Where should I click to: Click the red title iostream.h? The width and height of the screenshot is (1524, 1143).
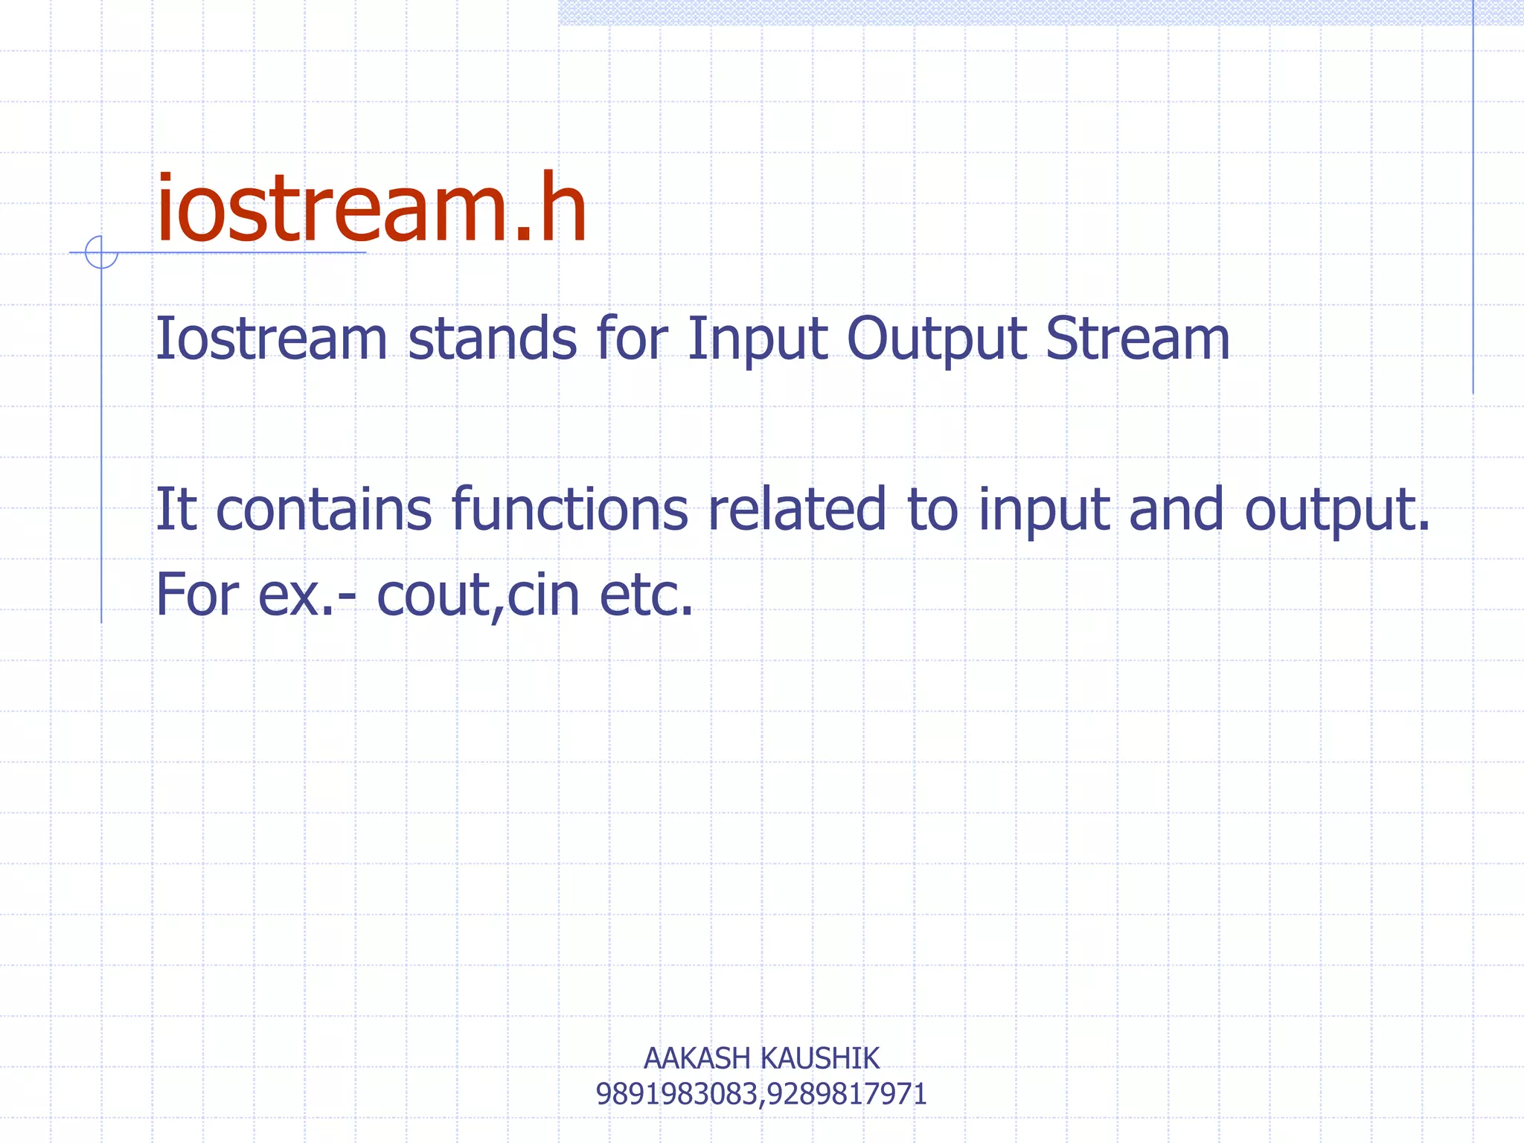pos(371,210)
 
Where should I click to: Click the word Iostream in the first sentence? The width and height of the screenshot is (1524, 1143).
pos(271,339)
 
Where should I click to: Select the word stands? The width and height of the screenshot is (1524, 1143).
pos(492,339)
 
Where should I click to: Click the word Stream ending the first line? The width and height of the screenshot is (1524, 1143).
pos(1137,339)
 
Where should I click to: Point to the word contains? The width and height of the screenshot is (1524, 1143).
pos(323,510)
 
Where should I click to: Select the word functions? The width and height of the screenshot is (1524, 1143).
pos(570,510)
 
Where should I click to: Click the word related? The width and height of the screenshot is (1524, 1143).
pos(797,510)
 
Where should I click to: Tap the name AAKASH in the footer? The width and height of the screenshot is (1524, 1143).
pos(696,1058)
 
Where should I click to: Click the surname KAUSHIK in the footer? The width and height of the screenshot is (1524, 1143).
pos(819,1058)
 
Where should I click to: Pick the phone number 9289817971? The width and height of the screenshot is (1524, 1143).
pos(847,1095)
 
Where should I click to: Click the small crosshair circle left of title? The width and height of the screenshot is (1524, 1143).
pos(101,252)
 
